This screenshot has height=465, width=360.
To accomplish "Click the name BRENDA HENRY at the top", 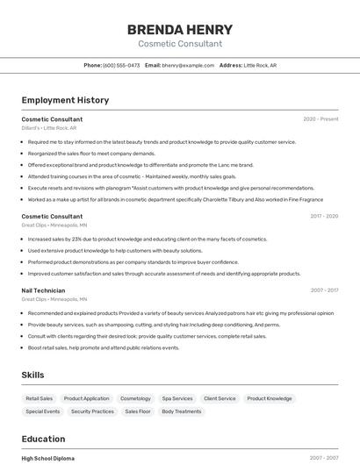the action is (179, 30).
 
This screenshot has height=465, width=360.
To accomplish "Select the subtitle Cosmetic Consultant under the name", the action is (179, 44).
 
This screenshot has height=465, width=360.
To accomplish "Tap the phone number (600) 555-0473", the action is (121, 65).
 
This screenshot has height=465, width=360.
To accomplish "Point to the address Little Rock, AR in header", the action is (260, 65).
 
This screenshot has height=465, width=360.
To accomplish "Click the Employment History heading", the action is (65, 100).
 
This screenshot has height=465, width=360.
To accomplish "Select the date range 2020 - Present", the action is (320, 118).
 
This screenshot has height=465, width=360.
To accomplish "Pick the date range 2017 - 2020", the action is (324, 216).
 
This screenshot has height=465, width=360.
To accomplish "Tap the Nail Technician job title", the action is (43, 290).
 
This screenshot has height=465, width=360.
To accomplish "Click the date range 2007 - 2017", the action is (324, 290).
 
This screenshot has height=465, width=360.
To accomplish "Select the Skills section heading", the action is (33, 375).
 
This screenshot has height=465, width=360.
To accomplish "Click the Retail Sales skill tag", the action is (40, 398).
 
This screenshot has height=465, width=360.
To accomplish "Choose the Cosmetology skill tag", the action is (135, 398).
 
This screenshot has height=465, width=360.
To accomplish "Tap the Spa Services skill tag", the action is (177, 398).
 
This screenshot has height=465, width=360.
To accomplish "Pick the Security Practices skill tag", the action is (92, 411).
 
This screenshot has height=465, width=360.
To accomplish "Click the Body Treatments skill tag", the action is (181, 411).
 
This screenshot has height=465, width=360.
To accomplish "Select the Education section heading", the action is (43, 439).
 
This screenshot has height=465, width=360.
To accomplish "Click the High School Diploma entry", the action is (48, 458).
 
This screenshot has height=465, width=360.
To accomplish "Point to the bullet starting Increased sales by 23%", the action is (147, 239).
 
